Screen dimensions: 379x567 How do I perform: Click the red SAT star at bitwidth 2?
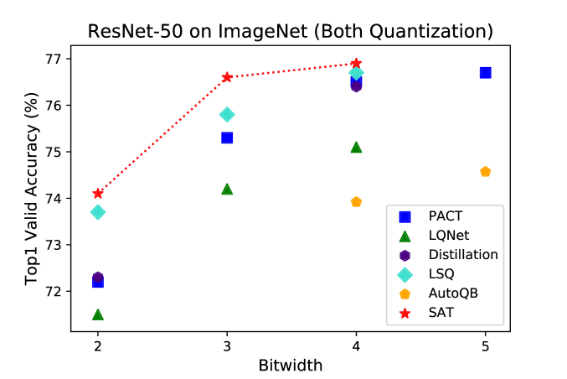(x=98, y=194)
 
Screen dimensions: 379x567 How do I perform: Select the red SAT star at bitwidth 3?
(x=227, y=77)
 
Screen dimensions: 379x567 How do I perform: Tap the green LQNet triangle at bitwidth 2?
(x=98, y=314)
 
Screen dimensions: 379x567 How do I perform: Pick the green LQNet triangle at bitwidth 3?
(x=227, y=189)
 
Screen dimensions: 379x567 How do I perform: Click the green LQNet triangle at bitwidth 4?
(x=356, y=147)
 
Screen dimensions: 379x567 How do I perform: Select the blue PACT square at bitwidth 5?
(x=485, y=73)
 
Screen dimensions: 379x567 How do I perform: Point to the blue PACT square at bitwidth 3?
(x=227, y=138)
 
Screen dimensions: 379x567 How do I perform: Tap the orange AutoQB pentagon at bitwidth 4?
(x=356, y=202)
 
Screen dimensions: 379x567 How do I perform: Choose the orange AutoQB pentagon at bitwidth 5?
(x=485, y=172)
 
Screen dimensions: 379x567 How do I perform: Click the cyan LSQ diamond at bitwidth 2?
(x=98, y=212)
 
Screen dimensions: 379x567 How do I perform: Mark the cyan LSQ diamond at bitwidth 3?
(x=227, y=114)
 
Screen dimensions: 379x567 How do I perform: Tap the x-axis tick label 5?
(x=485, y=346)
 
